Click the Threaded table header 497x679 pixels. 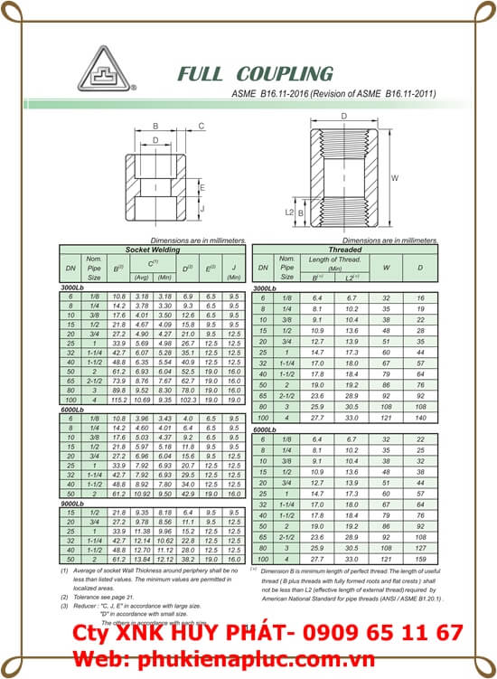pyautogui.click(x=345, y=246)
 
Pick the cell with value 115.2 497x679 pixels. pyautogui.click(x=117, y=400)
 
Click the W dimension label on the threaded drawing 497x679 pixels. pyautogui.click(x=394, y=178)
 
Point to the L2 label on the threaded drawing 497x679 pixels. pyautogui.click(x=290, y=212)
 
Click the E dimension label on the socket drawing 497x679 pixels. pyautogui.click(x=202, y=189)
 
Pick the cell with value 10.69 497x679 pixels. pyautogui.click(x=141, y=400)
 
